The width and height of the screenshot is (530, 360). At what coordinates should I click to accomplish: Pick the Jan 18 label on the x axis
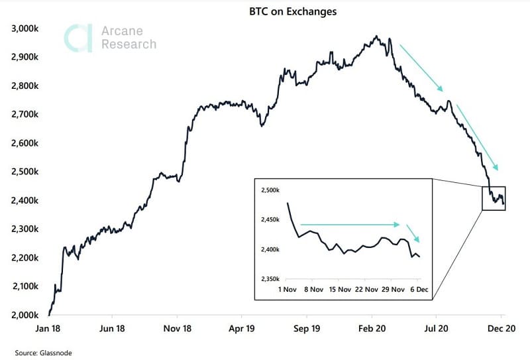(50, 328)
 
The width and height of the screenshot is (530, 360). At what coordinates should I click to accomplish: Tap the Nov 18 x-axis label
(178, 328)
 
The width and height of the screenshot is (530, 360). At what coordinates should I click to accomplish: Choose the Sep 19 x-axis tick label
(307, 328)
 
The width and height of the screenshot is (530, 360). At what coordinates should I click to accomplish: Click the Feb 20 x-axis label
(372, 328)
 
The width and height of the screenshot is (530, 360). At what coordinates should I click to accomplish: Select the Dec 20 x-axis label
(502, 328)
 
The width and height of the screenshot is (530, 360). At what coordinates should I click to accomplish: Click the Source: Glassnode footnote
(43, 353)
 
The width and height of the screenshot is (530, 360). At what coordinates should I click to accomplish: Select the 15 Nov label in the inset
(341, 290)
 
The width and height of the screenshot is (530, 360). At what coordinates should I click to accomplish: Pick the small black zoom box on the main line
(494, 198)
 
